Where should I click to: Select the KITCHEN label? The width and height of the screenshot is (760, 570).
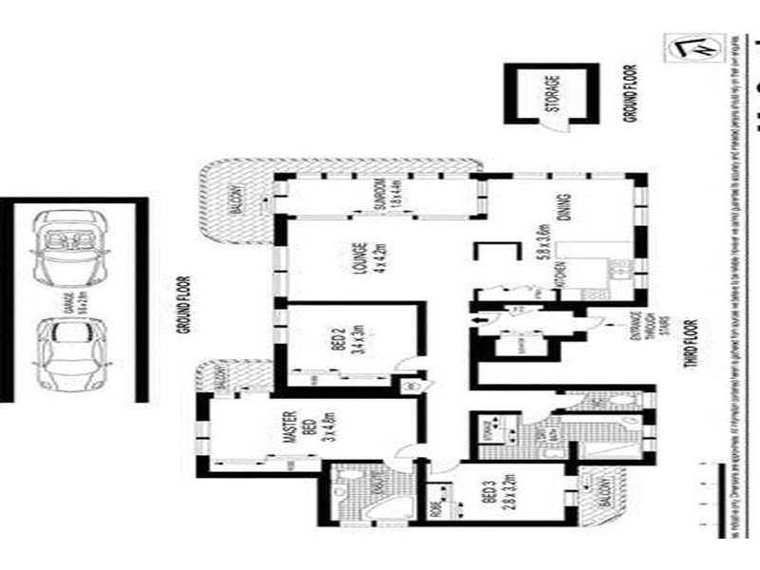tap(561, 278)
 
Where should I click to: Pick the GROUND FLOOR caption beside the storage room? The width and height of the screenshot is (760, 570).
tap(628, 93)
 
